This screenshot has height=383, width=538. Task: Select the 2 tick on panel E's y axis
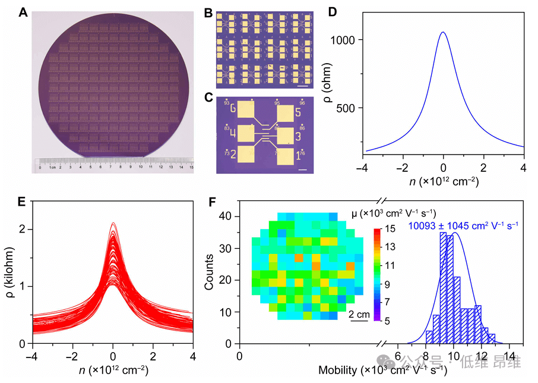point(21,229)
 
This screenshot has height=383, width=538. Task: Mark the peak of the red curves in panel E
point(113,224)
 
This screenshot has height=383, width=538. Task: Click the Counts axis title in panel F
point(209,272)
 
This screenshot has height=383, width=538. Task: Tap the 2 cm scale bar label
point(358,314)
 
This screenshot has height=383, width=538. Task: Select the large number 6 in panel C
point(233,109)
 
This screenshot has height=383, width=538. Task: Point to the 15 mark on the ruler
point(191,168)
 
